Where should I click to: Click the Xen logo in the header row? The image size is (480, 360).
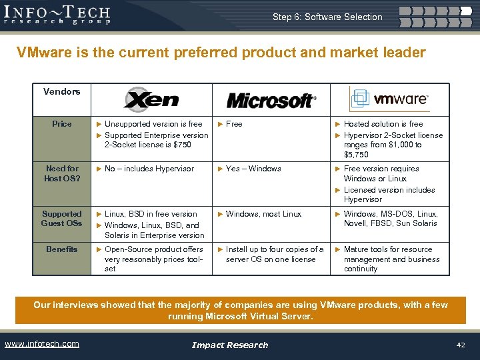click(151, 100)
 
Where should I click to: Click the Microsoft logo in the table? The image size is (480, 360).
click(270, 101)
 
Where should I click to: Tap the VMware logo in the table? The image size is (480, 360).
click(389, 99)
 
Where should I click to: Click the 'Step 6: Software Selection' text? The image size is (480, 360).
click(327, 17)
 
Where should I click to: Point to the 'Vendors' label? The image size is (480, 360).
click(61, 91)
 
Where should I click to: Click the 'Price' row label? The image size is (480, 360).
click(62, 124)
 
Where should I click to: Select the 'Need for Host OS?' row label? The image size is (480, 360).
click(62, 173)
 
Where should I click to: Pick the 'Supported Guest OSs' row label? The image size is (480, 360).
click(62, 219)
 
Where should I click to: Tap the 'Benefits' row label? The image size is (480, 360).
click(62, 249)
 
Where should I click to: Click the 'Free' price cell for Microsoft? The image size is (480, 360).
click(234, 124)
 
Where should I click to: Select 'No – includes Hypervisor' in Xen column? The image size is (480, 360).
click(149, 169)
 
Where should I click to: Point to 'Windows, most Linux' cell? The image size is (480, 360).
click(263, 214)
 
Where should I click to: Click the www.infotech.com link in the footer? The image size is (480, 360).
click(41, 344)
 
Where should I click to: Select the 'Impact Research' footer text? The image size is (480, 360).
click(229, 345)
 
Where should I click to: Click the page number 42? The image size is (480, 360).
click(460, 344)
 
